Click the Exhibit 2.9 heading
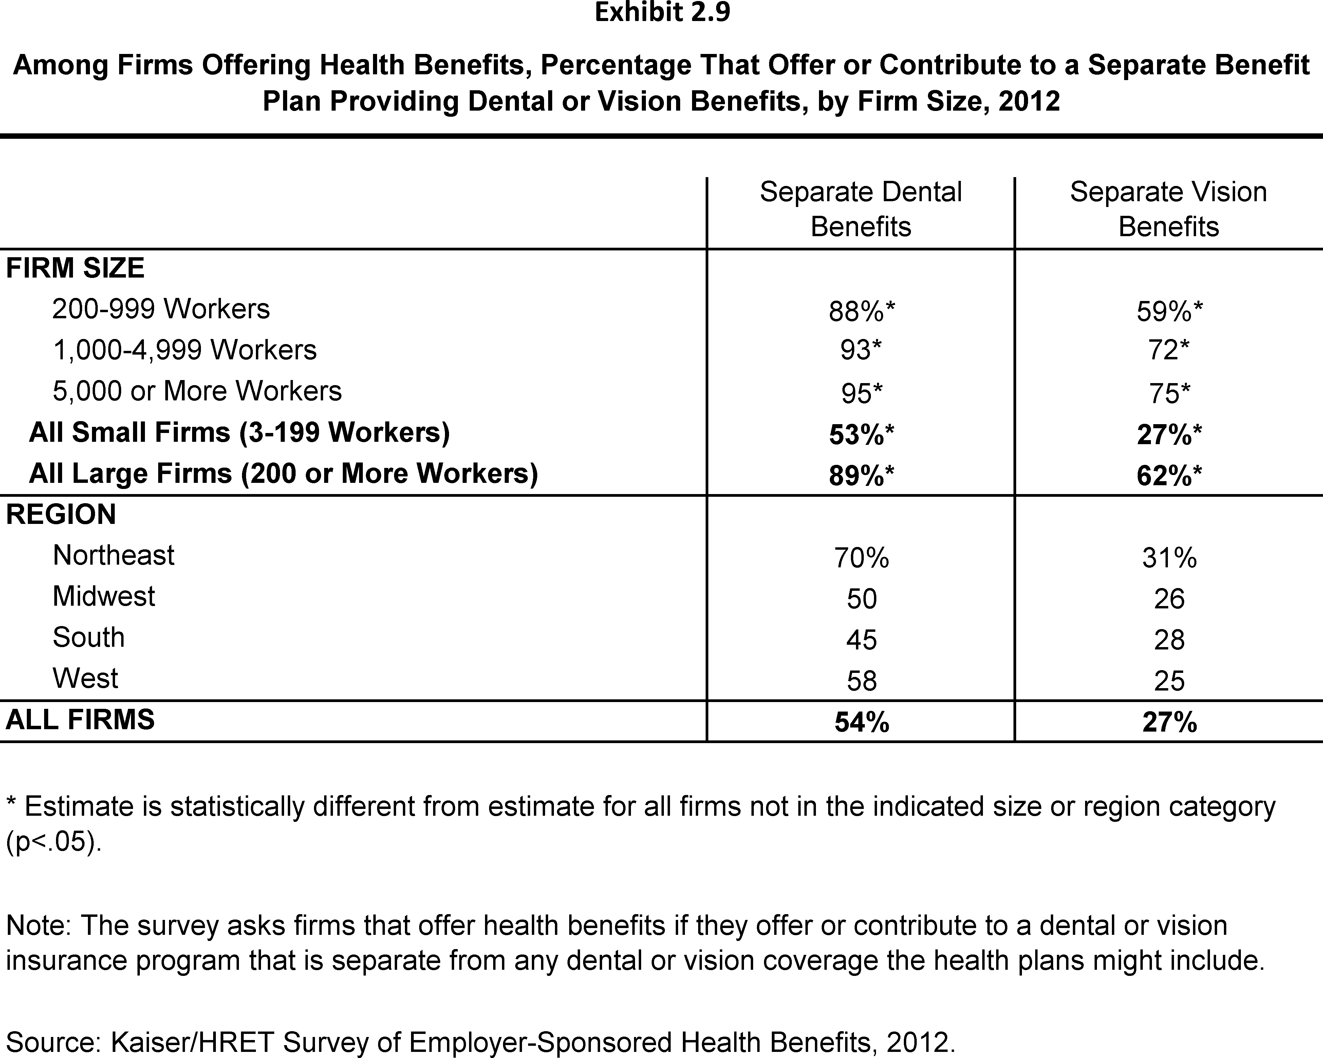[662, 12]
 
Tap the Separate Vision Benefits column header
[1168, 209]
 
